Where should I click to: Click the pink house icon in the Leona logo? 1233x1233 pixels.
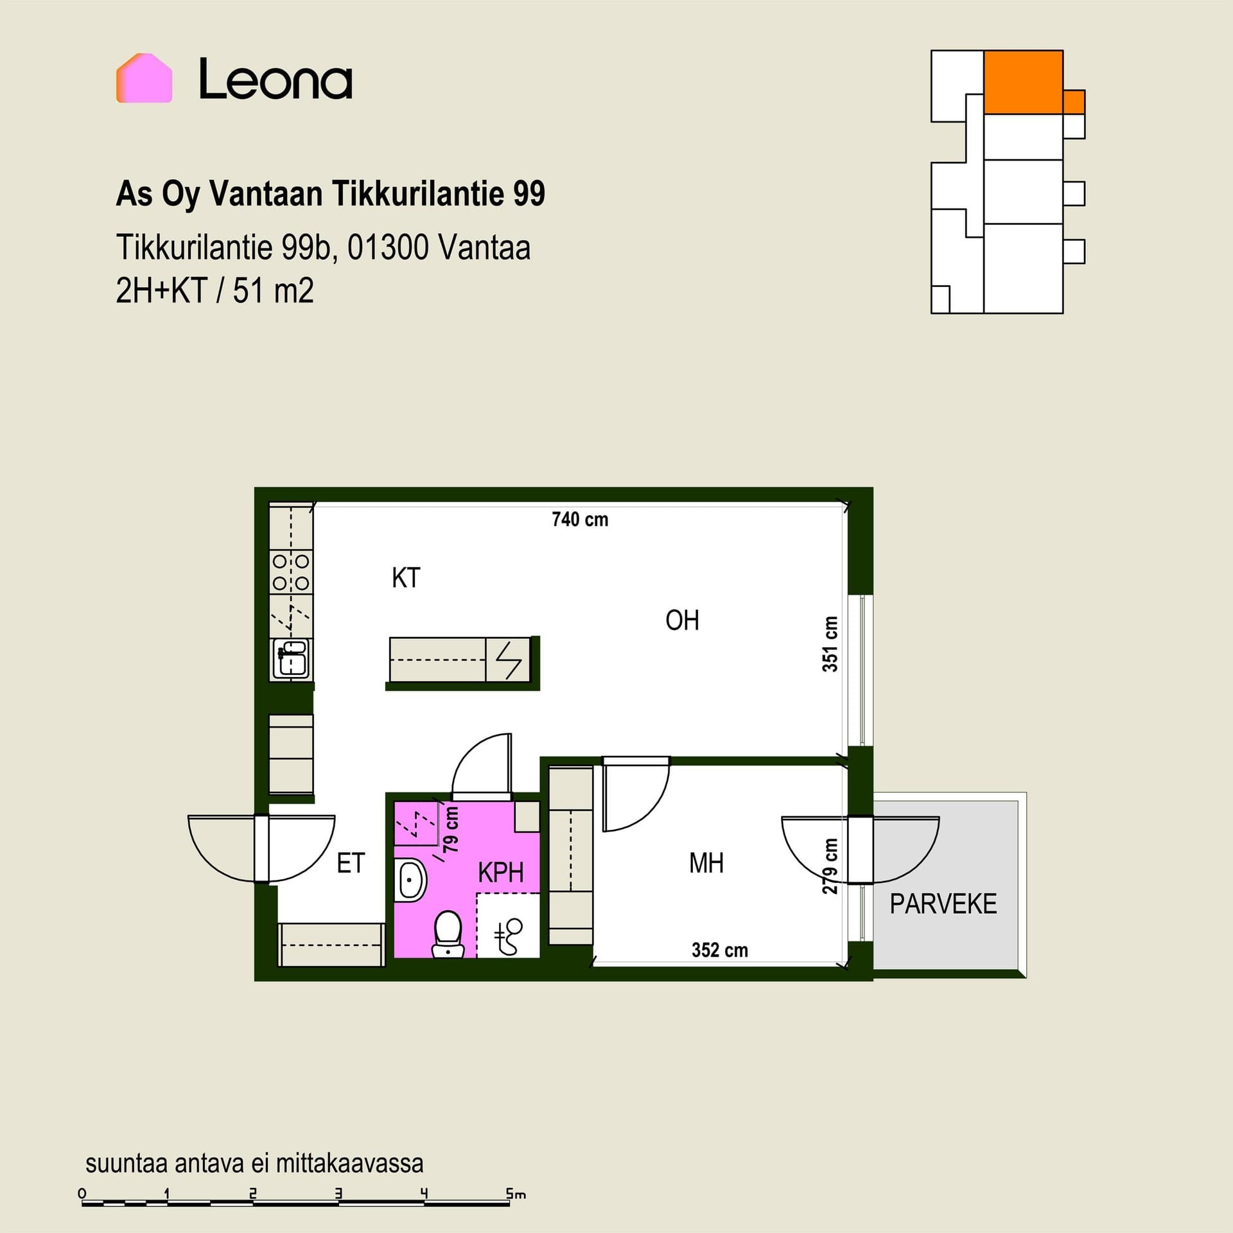pyautogui.click(x=144, y=78)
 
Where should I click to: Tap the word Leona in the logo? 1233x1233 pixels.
pyautogui.click(x=275, y=79)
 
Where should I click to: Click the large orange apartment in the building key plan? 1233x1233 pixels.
pyautogui.click(x=1023, y=82)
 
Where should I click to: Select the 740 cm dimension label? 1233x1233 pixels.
pyautogui.click(x=580, y=519)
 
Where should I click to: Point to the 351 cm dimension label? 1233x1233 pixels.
pyautogui.click(x=830, y=644)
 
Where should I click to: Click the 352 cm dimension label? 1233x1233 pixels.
pyautogui.click(x=720, y=950)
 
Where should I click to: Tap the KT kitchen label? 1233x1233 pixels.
pyautogui.click(x=406, y=578)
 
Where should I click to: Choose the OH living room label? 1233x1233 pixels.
pyautogui.click(x=682, y=620)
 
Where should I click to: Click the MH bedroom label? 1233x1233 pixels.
pyautogui.click(x=706, y=863)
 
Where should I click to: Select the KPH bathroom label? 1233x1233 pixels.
pyautogui.click(x=501, y=873)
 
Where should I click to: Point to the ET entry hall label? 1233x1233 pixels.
pyautogui.click(x=351, y=863)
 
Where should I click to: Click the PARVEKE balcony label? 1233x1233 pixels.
pyautogui.click(x=943, y=904)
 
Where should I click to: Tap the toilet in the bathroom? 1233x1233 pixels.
pyautogui.click(x=448, y=934)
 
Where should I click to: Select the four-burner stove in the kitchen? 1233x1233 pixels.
pyautogui.click(x=291, y=572)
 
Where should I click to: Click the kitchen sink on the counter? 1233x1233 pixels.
pyautogui.click(x=291, y=658)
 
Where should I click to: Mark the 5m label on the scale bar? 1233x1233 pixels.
pyautogui.click(x=516, y=1194)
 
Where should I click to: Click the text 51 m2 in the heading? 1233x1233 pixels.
pyautogui.click(x=273, y=291)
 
